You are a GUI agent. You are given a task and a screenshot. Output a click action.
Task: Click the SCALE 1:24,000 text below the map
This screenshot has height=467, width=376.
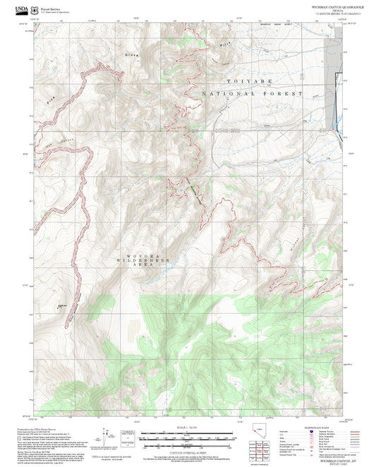[x=188, y=427]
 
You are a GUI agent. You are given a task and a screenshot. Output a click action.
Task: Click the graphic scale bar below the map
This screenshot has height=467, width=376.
[x=188, y=437]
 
